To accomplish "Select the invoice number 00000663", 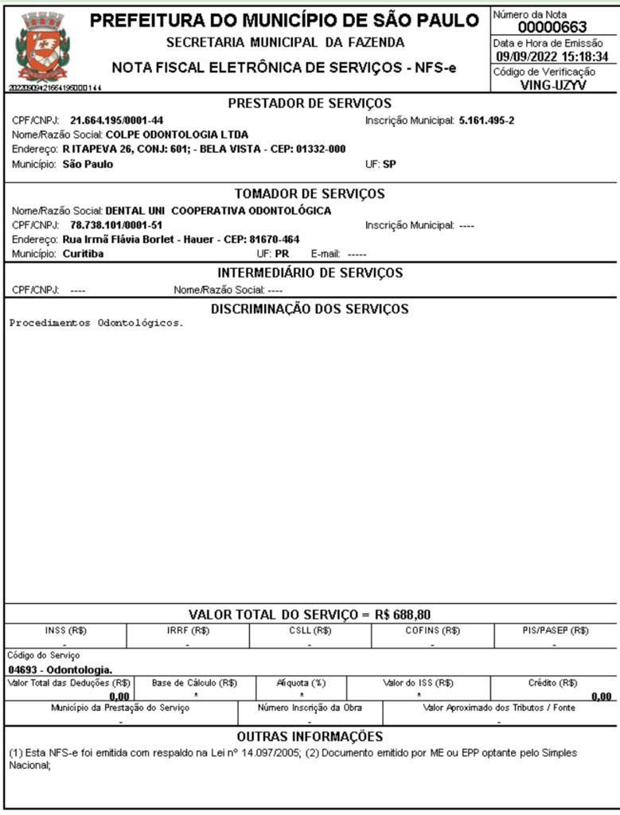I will [x=552, y=27].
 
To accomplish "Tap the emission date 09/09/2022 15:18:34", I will [x=552, y=57].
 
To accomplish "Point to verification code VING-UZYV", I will [x=552, y=85].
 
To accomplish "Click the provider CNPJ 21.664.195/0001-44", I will [x=117, y=121].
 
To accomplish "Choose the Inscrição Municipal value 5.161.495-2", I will [x=487, y=121].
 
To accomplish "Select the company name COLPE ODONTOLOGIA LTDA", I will [x=177, y=135].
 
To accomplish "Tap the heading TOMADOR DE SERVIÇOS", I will [x=310, y=193].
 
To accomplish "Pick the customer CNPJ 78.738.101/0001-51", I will [x=117, y=225].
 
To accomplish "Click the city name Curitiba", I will [x=83, y=254].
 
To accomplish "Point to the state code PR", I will [x=282, y=254].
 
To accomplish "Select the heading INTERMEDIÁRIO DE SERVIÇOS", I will [x=310, y=273].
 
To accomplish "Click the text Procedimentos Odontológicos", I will [x=96, y=324].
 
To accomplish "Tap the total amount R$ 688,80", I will [x=403, y=614].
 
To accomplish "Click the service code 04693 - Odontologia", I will [x=60, y=669].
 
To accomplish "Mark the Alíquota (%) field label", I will [x=302, y=682].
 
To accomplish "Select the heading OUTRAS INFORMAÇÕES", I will [x=310, y=736].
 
